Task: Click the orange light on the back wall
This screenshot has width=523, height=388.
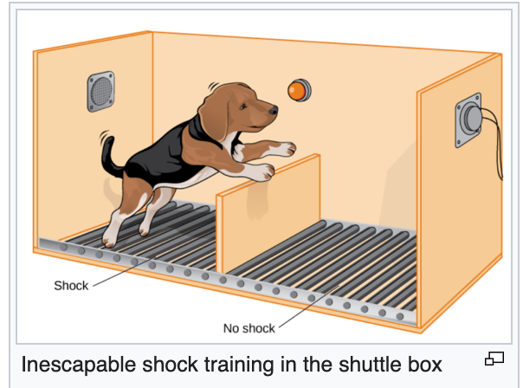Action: click(x=300, y=90)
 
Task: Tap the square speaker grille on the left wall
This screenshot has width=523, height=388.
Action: click(x=100, y=92)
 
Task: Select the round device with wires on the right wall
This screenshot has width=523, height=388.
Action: click(x=469, y=120)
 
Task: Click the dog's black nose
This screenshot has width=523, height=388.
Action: click(x=273, y=110)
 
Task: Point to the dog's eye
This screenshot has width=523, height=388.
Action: click(x=242, y=107)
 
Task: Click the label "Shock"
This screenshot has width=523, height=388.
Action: click(x=71, y=286)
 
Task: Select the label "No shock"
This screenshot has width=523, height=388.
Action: click(x=249, y=328)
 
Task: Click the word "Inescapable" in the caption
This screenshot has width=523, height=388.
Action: click(x=79, y=365)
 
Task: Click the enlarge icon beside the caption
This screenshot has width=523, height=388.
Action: click(x=494, y=359)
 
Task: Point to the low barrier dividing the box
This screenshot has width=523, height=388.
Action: click(x=268, y=214)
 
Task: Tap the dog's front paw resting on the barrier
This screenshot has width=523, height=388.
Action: click(x=264, y=171)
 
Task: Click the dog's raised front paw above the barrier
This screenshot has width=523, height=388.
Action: click(x=285, y=149)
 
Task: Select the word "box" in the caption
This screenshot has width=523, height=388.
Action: click(x=423, y=364)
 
